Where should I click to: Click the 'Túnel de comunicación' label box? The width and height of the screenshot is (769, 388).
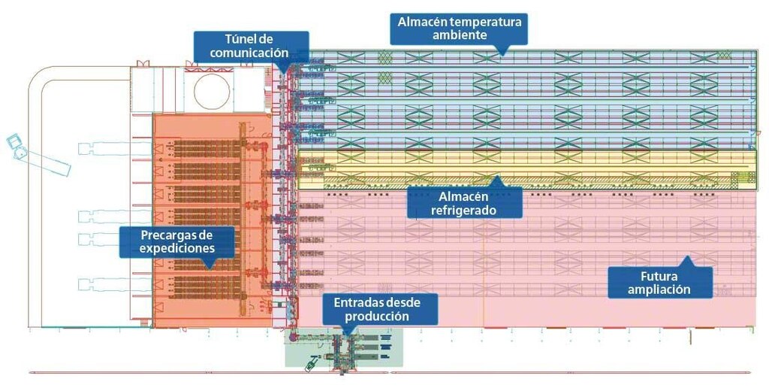[251, 46]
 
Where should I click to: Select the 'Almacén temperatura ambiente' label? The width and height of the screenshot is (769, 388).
[459, 28]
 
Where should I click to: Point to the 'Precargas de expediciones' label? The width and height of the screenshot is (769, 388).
[177, 241]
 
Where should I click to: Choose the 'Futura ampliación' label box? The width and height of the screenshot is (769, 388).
[659, 282]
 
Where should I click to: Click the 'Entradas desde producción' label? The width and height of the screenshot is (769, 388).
[380, 309]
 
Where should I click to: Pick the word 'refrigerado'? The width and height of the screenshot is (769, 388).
[464, 211]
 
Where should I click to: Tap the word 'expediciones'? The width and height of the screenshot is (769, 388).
[177, 249]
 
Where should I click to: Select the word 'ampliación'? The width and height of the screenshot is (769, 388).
[659, 289]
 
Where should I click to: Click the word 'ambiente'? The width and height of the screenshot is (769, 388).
[459, 35]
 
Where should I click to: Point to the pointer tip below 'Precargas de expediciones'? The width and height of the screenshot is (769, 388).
[208, 268]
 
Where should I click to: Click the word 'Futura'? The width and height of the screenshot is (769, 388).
[659, 274]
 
